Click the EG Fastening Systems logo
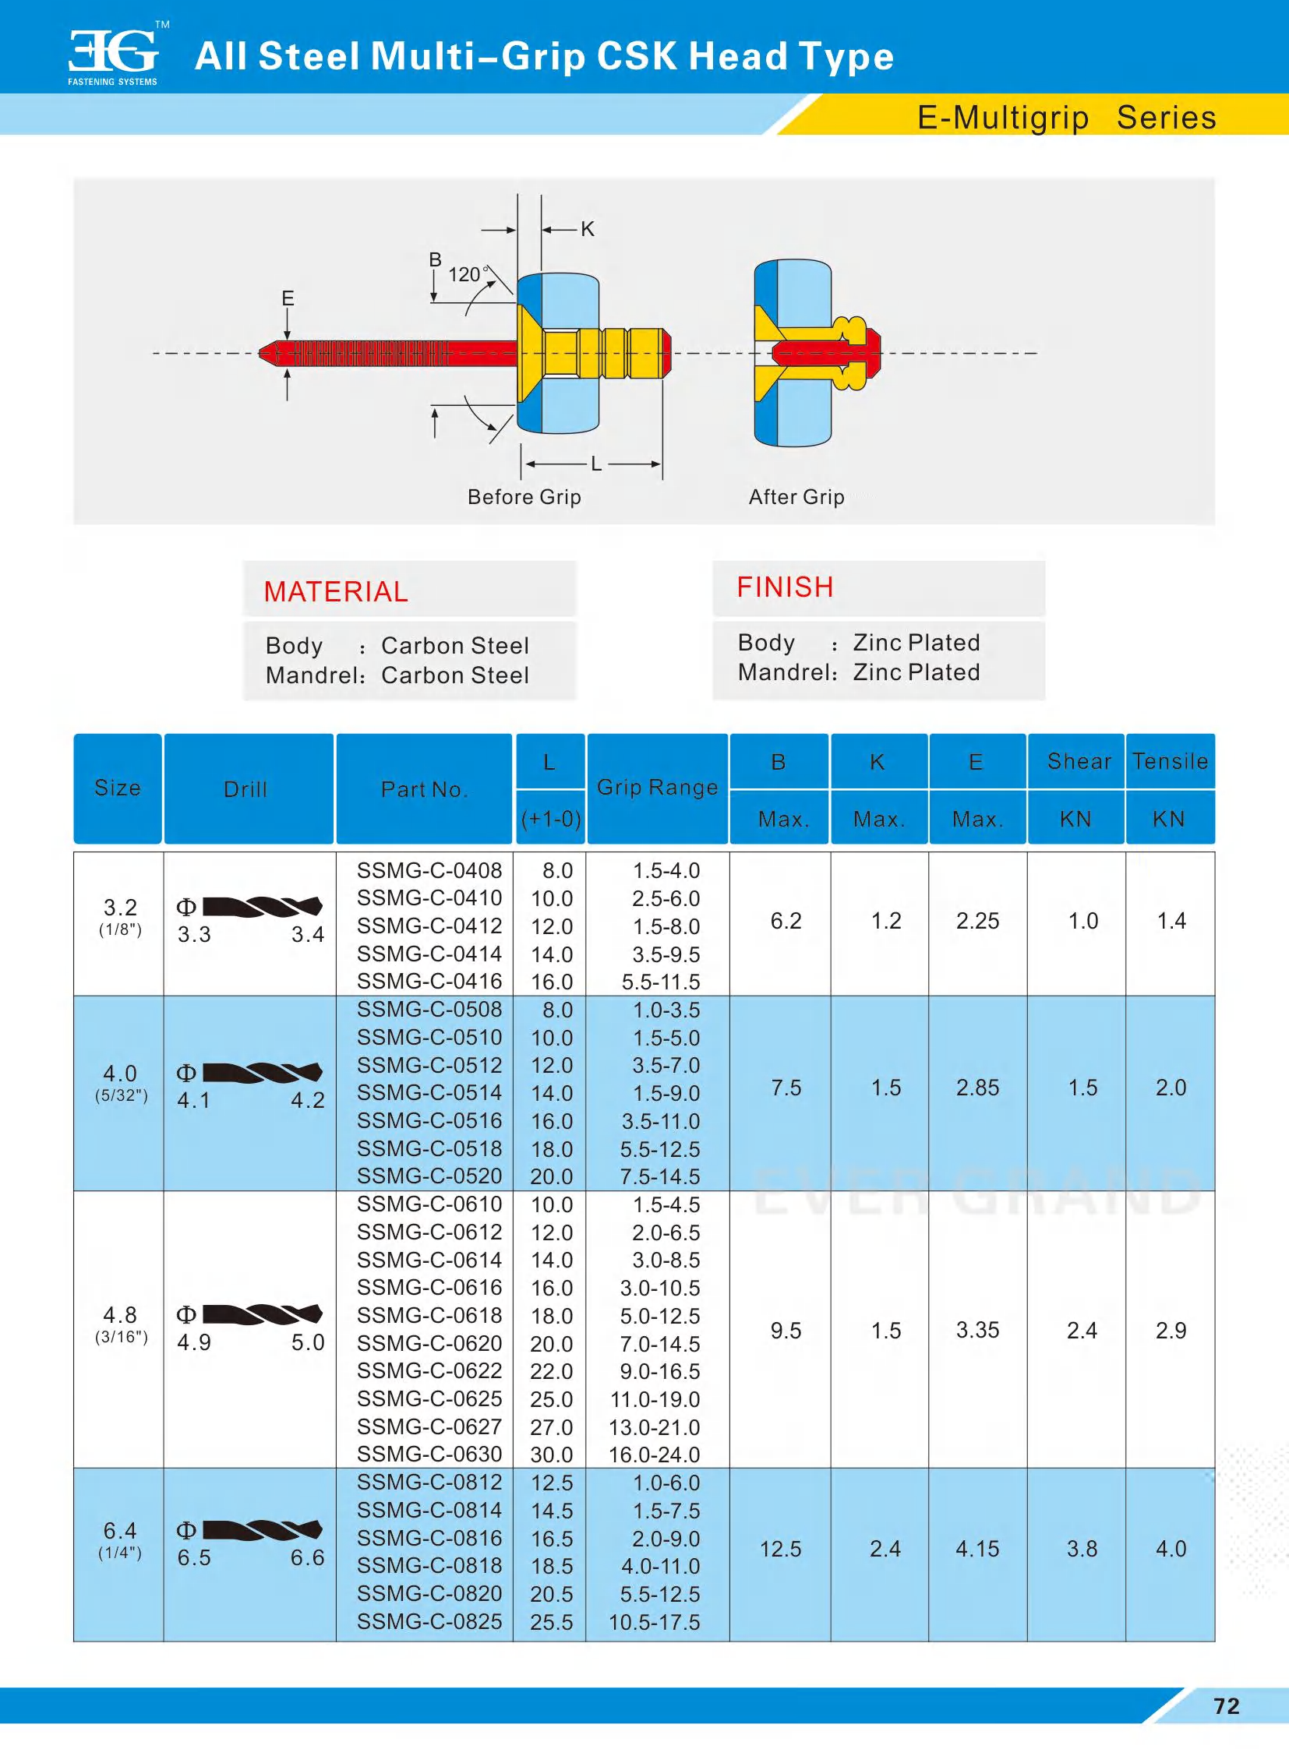(x=114, y=56)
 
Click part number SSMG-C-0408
(x=429, y=869)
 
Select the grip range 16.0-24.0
(x=654, y=1454)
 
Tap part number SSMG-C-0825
(x=429, y=1621)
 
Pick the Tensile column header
(x=1170, y=761)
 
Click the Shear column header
(x=1079, y=761)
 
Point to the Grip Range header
(x=657, y=787)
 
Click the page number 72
(x=1227, y=1706)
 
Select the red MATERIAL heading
(x=336, y=591)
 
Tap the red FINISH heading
(x=785, y=587)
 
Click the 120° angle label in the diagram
(x=466, y=274)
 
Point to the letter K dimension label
(x=588, y=229)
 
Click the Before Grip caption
(x=524, y=497)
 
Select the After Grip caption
(x=796, y=497)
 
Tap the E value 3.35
(x=977, y=1330)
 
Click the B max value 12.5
(x=780, y=1549)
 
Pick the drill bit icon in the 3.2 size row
(x=262, y=907)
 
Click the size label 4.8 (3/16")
(x=120, y=1324)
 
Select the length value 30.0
(x=551, y=1454)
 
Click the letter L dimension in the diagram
(x=596, y=464)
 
